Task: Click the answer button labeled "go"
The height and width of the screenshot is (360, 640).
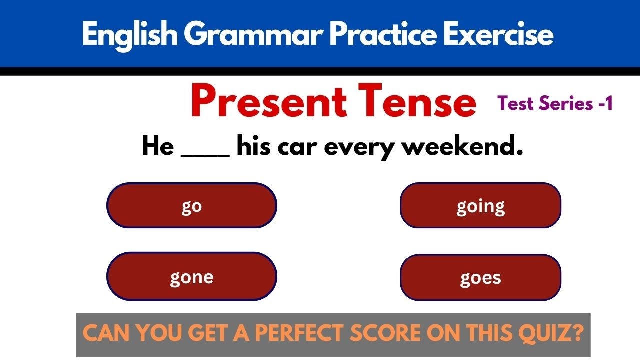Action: (192, 205)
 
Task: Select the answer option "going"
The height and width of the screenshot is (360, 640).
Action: (480, 205)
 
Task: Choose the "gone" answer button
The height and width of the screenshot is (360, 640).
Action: (192, 276)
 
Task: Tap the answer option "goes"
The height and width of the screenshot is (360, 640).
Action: (480, 277)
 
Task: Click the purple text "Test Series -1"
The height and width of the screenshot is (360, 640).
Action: (555, 103)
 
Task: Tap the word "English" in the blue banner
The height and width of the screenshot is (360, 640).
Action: (129, 35)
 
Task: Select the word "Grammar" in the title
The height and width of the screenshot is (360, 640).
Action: (253, 35)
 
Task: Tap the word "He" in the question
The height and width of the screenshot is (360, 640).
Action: (157, 147)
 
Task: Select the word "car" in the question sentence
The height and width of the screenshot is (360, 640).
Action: (299, 147)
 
